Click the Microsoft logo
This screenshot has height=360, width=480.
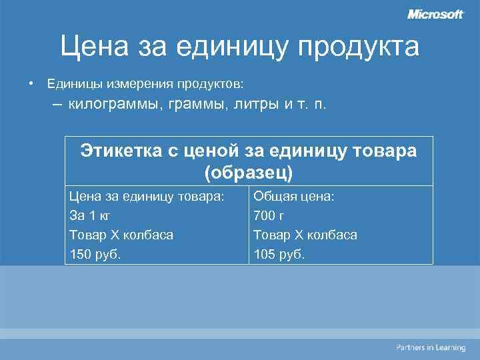click(x=435, y=15)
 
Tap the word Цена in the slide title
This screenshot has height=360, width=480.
click(x=93, y=47)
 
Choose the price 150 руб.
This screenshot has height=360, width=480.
click(x=95, y=254)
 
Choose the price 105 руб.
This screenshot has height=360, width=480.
click(x=279, y=254)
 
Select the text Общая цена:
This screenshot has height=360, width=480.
click(x=294, y=197)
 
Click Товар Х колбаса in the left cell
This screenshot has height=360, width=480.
click(x=121, y=235)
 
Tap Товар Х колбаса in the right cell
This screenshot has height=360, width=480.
click(x=305, y=235)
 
